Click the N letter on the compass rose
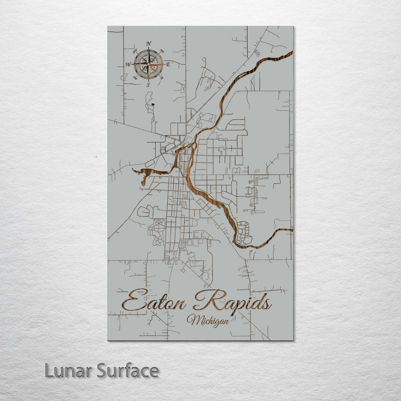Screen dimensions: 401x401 pyautogui.click(x=149, y=44)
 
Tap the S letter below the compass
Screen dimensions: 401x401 pyautogui.click(x=148, y=85)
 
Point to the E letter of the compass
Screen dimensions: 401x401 pyautogui.click(x=168, y=65)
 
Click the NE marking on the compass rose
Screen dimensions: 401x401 pyautogui.click(x=162, y=51)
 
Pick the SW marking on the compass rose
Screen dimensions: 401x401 pyautogui.click(x=135, y=78)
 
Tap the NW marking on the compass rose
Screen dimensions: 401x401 pyautogui.click(x=135, y=52)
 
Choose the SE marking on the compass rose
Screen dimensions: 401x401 pyautogui.click(x=162, y=78)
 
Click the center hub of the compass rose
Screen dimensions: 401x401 pyautogui.click(x=149, y=64)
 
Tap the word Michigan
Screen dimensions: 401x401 pyautogui.click(x=208, y=320)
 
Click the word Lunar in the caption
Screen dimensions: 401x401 pyautogui.click(x=69, y=371)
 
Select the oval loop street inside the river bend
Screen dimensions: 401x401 pyautogui.click(x=244, y=232)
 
